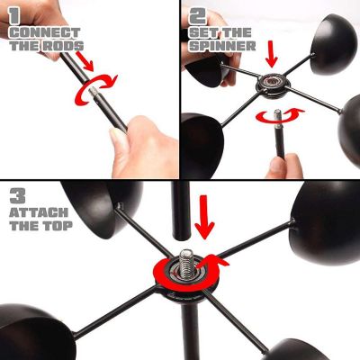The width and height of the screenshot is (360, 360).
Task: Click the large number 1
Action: pyautogui.click(x=14, y=15)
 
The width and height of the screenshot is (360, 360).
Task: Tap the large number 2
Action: pyautogui.click(x=197, y=15)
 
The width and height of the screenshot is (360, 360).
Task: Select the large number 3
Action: pyautogui.click(x=17, y=195)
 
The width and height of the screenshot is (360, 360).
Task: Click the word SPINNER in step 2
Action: pyautogui.click(x=222, y=46)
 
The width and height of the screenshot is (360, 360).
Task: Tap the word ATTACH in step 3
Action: pyautogui.click(x=39, y=212)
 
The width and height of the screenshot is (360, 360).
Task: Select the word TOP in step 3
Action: pyautogui.click(x=58, y=225)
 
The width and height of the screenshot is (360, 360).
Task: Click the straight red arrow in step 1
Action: pyautogui.click(x=85, y=61)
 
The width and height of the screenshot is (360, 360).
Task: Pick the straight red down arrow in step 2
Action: pyautogui.click(x=272, y=54)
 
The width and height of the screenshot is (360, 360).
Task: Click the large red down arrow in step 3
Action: pyautogui.click(x=204, y=218)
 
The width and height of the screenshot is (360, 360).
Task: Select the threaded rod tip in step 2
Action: pyautogui.click(x=277, y=115)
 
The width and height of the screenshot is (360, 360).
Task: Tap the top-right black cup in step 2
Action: pyautogui.click(x=334, y=44)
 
